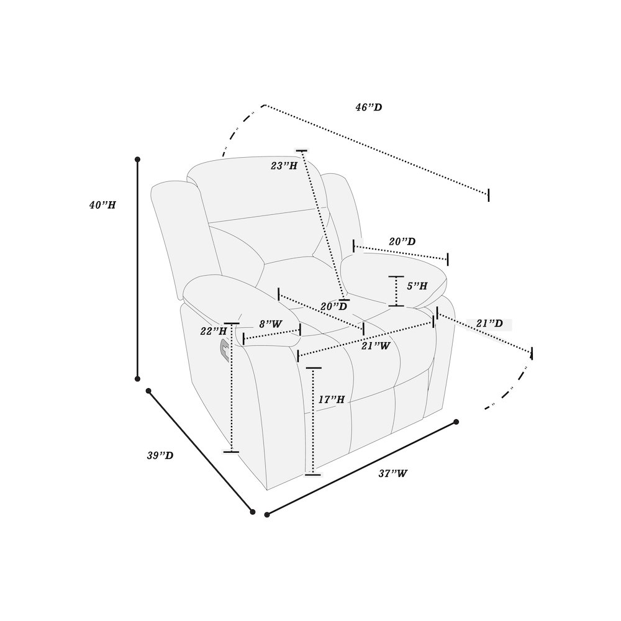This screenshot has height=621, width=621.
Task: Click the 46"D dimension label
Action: (369, 107)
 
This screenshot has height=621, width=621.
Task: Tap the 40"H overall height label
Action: (102, 205)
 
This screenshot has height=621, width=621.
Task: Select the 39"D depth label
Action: (160, 455)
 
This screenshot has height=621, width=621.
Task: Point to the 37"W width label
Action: (393, 473)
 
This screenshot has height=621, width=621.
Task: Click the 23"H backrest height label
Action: (284, 166)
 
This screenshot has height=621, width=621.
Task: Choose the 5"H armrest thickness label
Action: (417, 286)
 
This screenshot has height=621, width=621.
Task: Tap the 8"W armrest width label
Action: (271, 324)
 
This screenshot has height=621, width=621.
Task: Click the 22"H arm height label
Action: (214, 331)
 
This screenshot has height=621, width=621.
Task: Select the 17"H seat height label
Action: (332, 399)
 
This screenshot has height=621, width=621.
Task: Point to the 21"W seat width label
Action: (376, 346)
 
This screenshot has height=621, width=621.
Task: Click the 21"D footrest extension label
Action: (489, 324)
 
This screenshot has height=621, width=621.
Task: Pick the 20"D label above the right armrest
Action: (402, 241)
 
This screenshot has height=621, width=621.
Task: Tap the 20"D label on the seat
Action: (334, 306)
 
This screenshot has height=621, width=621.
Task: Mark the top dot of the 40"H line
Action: (137, 159)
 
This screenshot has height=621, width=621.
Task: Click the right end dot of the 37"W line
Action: (456, 422)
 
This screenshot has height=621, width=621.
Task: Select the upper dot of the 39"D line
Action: (148, 391)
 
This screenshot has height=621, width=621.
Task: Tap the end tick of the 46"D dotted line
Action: (488, 195)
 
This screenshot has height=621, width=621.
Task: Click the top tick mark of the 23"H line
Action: (301, 151)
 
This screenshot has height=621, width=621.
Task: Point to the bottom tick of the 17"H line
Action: (313, 474)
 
